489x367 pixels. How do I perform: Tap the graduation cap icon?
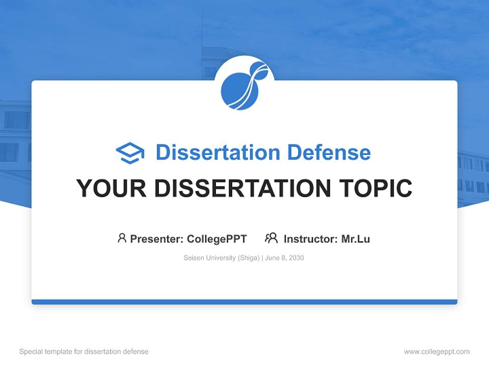(130, 153)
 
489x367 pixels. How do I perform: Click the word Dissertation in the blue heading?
(218, 152)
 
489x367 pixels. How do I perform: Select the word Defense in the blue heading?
(329, 152)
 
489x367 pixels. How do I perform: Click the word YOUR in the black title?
(112, 188)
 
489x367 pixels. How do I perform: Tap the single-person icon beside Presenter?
(122, 238)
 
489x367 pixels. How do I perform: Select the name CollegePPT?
(217, 239)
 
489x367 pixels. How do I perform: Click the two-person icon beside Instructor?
(271, 238)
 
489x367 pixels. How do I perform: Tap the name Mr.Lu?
(356, 239)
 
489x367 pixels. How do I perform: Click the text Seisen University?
(209, 258)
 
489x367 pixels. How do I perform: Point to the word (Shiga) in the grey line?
(249, 258)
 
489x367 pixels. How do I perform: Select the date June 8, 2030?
(284, 258)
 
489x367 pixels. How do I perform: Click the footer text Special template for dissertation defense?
(84, 352)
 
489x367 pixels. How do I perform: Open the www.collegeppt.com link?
(437, 352)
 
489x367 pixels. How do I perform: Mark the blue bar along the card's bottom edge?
(244, 302)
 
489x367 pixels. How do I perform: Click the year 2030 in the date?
(296, 258)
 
